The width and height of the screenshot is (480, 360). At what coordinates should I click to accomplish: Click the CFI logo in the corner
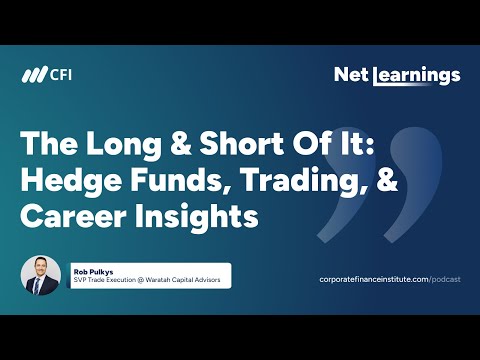point(48,76)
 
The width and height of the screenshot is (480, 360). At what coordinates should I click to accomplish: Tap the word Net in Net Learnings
point(349,74)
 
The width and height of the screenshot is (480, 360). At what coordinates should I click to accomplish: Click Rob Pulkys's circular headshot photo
point(42,276)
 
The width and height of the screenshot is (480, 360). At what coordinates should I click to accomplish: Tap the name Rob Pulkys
point(92,269)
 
